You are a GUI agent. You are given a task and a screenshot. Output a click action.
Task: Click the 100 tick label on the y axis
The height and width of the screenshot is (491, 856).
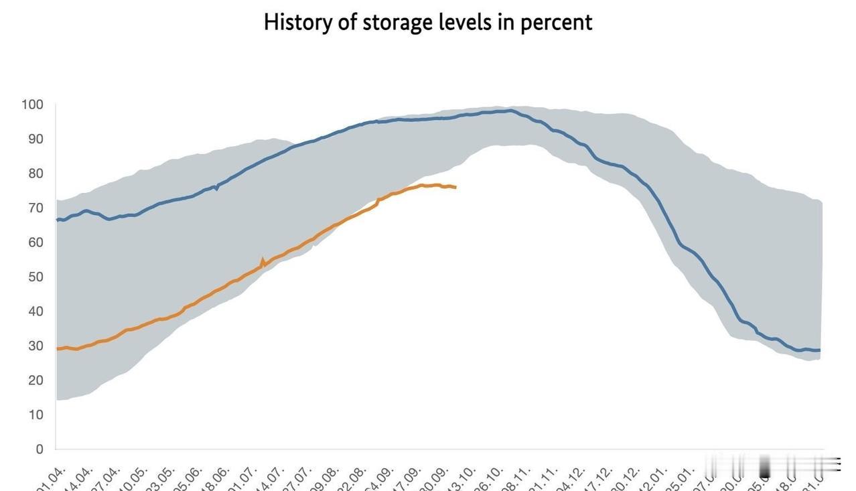pos(32,104)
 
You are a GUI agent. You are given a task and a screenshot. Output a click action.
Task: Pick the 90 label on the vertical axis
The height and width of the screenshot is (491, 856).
pos(35,139)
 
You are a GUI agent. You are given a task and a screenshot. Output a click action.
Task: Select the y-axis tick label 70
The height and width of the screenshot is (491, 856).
pos(35,208)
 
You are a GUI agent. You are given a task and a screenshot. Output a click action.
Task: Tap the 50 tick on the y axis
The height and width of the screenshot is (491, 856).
pos(35,277)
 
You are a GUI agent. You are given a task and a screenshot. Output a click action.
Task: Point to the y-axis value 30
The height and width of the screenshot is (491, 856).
pos(35,346)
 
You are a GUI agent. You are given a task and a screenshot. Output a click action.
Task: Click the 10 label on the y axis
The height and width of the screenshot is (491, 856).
pos(35,415)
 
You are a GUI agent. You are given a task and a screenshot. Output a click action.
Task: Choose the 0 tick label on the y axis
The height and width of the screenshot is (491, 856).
pos(39,449)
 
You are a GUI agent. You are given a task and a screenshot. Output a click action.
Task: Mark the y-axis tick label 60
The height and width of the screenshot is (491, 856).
pos(35,242)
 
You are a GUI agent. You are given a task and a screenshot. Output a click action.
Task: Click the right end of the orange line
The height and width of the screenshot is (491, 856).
pos(455,188)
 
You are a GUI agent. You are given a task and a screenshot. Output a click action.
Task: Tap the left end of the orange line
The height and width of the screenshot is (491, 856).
pos(58,348)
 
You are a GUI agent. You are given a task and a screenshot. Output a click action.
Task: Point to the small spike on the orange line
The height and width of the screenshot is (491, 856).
pos(263,259)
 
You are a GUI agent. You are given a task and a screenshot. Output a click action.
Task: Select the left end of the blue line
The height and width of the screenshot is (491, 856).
pos(58,219)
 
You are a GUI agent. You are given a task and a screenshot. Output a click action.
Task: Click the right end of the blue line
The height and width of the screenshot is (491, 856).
pos(819,350)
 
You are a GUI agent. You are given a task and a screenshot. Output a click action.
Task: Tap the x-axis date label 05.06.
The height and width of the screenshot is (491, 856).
pos(190,477)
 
